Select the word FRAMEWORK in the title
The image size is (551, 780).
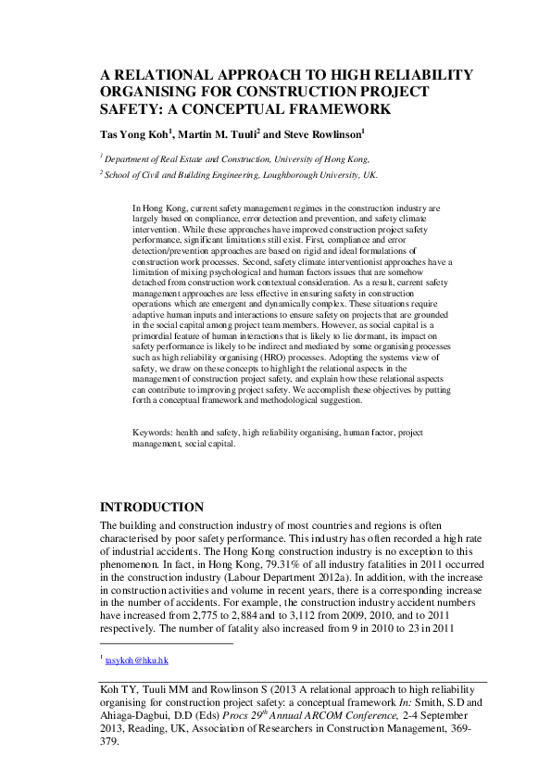coord(340,108)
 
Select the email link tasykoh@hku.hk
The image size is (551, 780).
coord(136,660)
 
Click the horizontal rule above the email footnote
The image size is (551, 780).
coord(166,642)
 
